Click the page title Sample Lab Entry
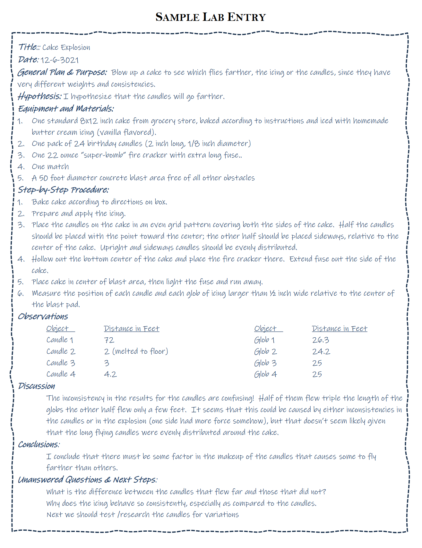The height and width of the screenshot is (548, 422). tap(211, 17)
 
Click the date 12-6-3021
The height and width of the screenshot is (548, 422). tap(59, 60)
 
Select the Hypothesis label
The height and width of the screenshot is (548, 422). tap(39, 96)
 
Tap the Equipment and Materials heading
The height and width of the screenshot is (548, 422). tap(66, 109)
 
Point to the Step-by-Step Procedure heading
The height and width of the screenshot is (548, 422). tap(63, 190)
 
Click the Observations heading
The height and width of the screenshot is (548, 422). tap(43, 316)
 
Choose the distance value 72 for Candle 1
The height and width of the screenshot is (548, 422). tap(109, 340)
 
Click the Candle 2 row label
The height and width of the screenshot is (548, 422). tap(61, 351)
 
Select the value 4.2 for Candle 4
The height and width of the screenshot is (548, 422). tap(110, 374)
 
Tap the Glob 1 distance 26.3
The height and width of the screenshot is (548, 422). tap(321, 340)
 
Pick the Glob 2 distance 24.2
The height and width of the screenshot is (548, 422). tap(321, 351)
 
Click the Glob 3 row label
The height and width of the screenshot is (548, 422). tap(265, 363)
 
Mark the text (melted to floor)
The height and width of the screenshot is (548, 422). tap(140, 351)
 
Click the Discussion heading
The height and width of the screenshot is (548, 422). tap(36, 386)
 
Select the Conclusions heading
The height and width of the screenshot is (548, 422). tap(39, 444)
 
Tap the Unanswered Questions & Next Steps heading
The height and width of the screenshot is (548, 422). tap(87, 480)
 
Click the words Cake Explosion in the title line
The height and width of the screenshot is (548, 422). tap(66, 47)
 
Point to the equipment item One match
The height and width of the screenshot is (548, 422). tap(50, 167)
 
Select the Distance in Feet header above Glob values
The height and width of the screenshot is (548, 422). tap(340, 328)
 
